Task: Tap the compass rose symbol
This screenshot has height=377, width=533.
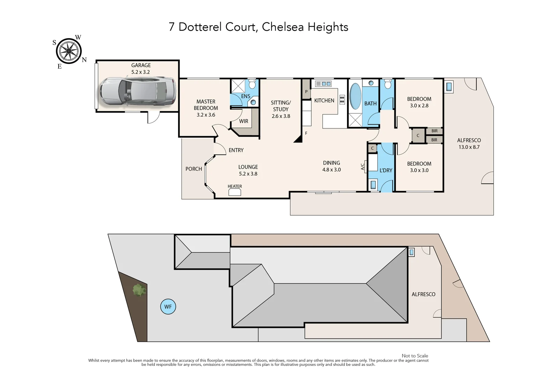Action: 69,51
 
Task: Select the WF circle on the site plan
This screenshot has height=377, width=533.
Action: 168,307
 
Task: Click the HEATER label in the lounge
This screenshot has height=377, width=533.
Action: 235,186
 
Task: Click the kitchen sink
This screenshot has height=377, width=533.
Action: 323,84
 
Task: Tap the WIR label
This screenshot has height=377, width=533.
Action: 244,121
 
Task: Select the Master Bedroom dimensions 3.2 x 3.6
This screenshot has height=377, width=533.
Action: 206,115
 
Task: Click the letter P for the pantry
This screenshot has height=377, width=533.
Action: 306,92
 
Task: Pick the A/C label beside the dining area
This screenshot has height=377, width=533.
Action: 362,167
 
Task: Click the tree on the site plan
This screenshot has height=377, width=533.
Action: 139,290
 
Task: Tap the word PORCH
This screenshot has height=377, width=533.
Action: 194,169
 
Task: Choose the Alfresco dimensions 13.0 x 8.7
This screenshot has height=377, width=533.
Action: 469,147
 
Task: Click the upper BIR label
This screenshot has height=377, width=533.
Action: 434,131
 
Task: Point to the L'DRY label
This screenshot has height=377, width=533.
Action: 386,170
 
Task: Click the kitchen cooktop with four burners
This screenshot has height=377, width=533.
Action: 342,99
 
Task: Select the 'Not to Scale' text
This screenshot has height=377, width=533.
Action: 415,356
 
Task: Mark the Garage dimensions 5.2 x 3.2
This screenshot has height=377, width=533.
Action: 140,72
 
